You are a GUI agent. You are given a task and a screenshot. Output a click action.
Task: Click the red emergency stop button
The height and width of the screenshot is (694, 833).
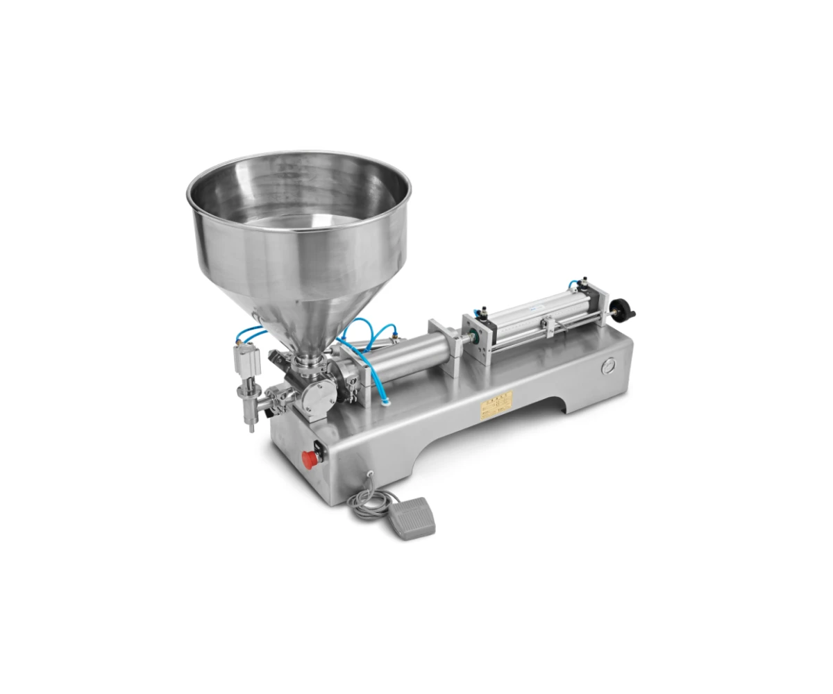[x=309, y=459]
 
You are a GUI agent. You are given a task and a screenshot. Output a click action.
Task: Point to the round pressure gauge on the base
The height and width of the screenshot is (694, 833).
[x=609, y=365]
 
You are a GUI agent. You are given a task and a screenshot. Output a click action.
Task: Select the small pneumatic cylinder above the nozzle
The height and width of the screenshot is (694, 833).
[x=247, y=360]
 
